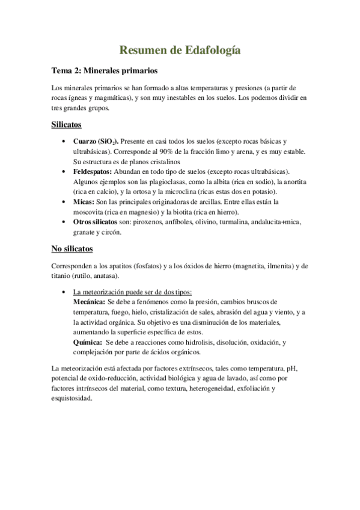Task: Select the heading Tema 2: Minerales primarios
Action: [105, 70]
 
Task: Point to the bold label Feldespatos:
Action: [93, 172]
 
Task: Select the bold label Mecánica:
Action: [88, 301]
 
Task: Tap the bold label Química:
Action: [87, 342]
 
